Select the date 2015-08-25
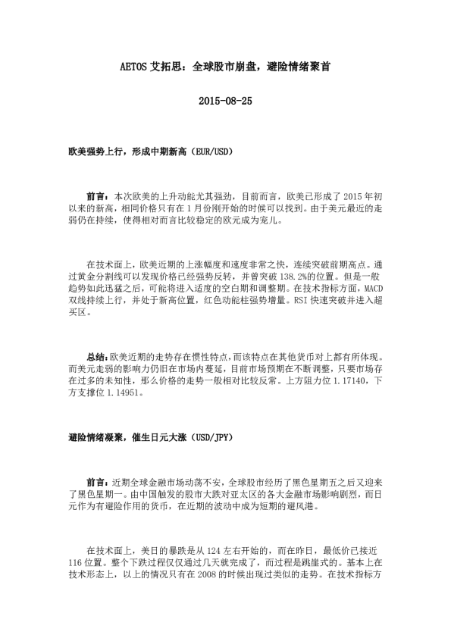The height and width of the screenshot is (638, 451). click(224, 101)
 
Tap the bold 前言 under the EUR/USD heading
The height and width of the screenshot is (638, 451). click(98, 195)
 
